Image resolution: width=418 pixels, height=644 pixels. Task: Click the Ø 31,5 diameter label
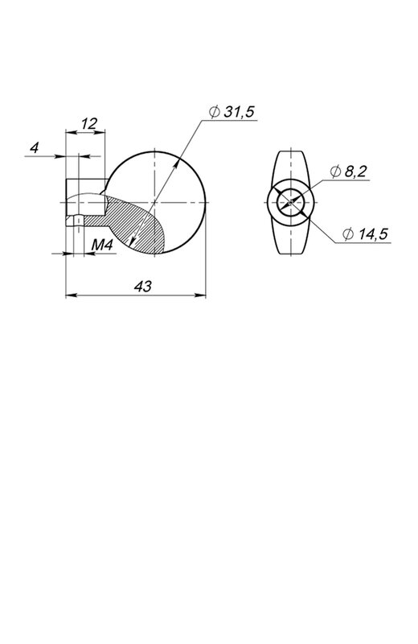(232, 112)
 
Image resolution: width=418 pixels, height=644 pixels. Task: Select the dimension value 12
(88, 123)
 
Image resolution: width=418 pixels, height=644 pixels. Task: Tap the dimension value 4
(35, 147)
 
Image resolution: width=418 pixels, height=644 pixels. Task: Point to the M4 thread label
(102, 246)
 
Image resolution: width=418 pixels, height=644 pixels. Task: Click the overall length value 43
(143, 287)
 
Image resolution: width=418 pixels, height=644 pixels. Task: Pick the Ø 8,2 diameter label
(349, 171)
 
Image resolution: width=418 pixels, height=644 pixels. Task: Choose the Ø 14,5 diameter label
(365, 234)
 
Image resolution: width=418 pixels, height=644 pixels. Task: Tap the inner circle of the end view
(290, 189)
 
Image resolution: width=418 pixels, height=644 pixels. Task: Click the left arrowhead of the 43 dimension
(71, 295)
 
